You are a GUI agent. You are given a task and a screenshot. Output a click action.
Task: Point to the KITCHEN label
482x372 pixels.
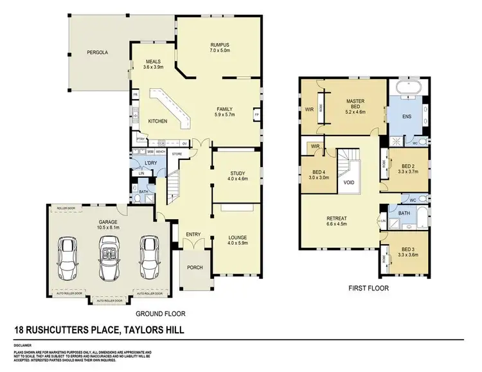(x=158, y=121)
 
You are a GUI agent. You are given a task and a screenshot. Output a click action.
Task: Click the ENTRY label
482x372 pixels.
(x=193, y=234)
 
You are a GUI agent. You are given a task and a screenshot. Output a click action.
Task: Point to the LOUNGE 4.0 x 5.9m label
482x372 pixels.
(x=239, y=240)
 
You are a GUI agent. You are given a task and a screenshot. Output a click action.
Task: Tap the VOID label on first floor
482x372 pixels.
(x=350, y=182)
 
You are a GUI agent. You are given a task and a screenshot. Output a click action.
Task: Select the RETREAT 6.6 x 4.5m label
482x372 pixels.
(x=337, y=222)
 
